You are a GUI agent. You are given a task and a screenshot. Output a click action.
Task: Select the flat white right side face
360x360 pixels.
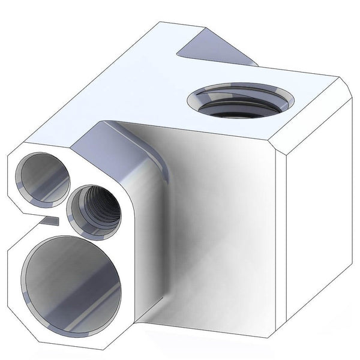coord(318,204)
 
